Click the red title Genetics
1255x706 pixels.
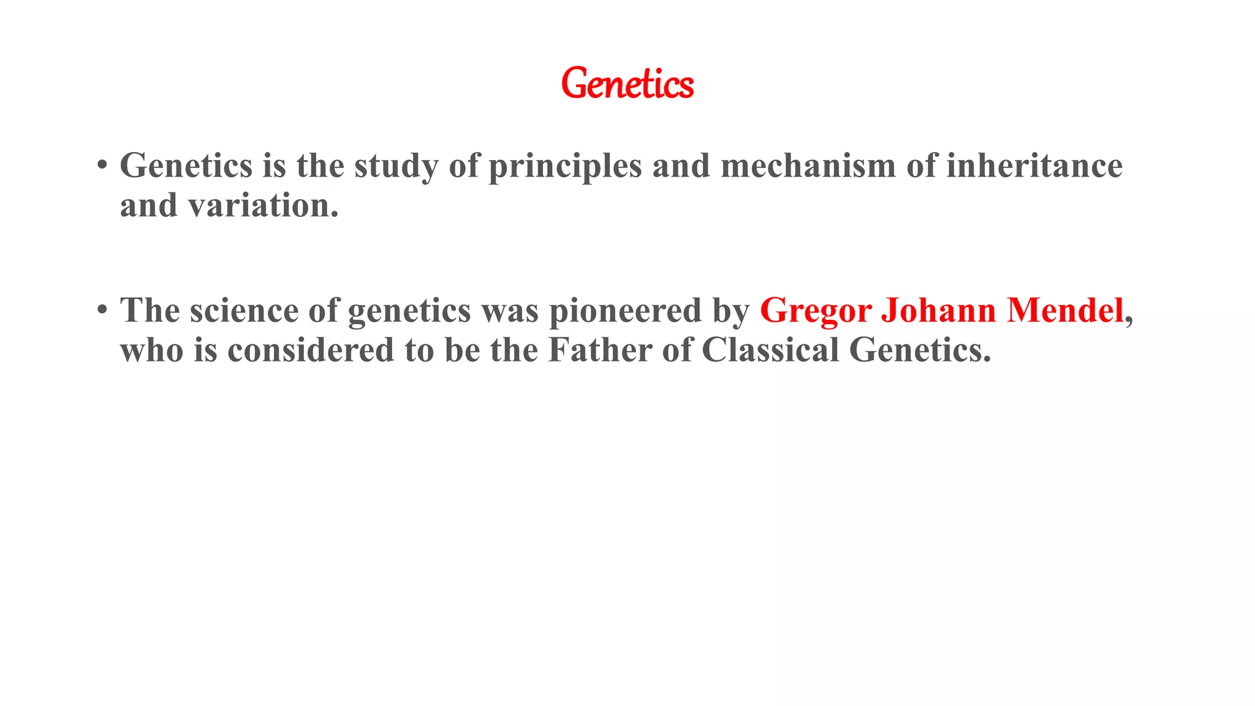point(627,84)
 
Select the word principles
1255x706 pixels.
point(565,166)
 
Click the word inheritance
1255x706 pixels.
point(1034,166)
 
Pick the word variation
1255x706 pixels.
point(264,206)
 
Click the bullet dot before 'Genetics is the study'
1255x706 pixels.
point(102,165)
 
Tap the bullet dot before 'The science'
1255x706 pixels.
point(102,310)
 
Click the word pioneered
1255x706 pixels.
point(625,311)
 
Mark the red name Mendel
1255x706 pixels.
point(1065,311)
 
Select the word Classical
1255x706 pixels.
point(770,351)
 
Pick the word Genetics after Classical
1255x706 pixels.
point(919,351)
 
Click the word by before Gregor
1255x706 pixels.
point(730,311)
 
